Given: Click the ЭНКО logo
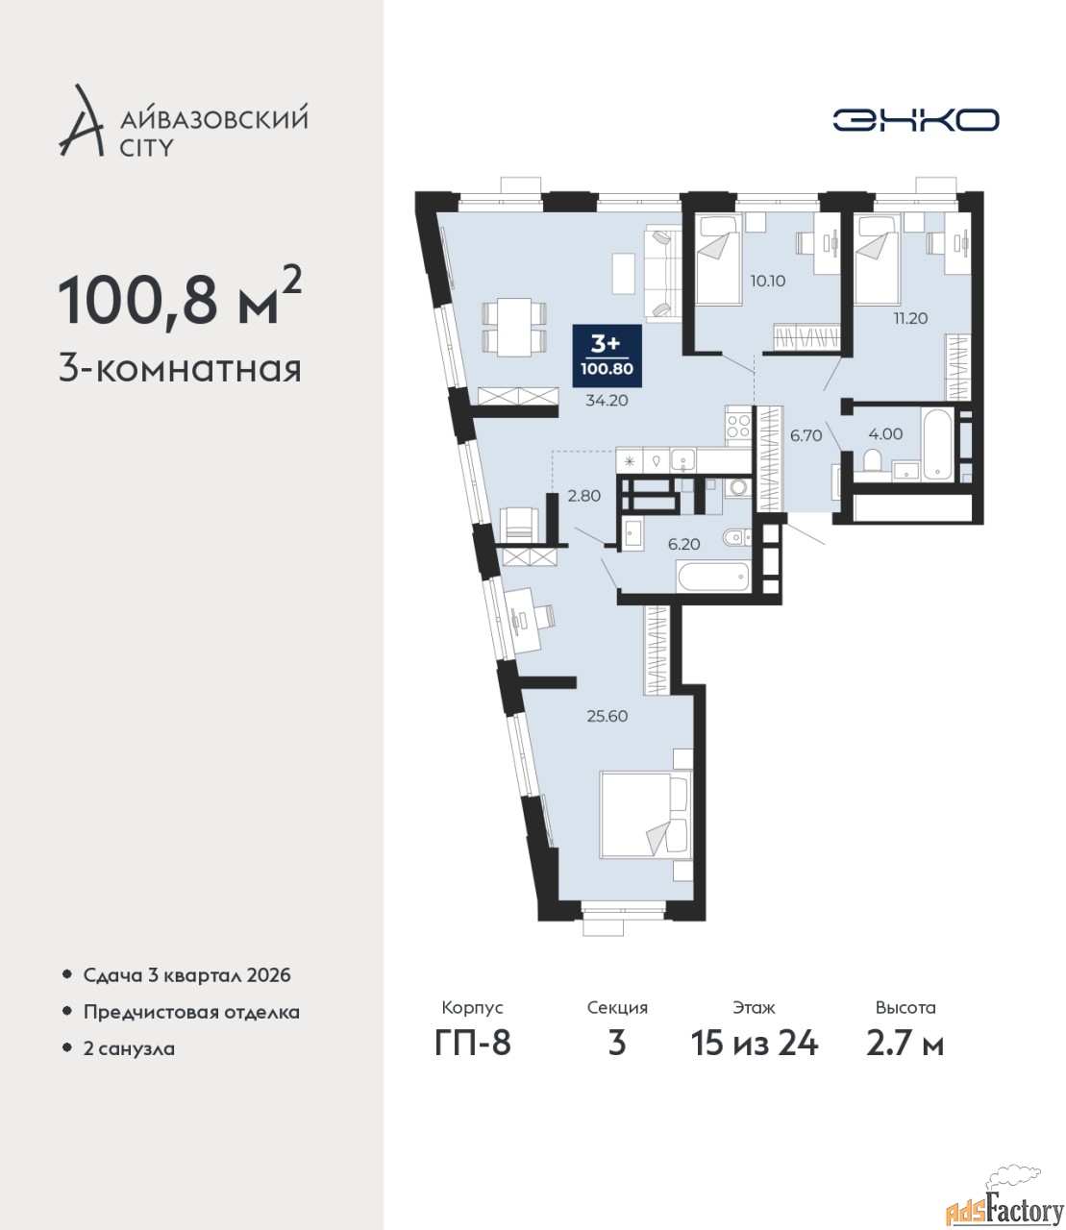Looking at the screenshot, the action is click(x=915, y=119).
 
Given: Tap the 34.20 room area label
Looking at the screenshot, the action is click(x=607, y=401).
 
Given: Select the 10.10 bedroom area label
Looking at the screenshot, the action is click(x=768, y=281).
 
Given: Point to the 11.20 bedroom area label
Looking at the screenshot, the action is click(x=910, y=318).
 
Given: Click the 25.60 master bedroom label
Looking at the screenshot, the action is click(x=607, y=717).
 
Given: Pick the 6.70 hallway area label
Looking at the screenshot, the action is click(x=806, y=435).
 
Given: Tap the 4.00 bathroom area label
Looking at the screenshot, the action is click(x=885, y=433).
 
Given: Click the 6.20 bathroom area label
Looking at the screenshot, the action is click(x=683, y=544).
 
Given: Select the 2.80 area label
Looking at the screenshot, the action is click(x=583, y=496).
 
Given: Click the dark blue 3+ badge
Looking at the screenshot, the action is click(x=607, y=354).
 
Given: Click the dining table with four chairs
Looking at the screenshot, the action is click(x=514, y=328).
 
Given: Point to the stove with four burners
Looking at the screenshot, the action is click(x=738, y=426).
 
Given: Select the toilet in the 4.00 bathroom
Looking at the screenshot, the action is click(x=871, y=460).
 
